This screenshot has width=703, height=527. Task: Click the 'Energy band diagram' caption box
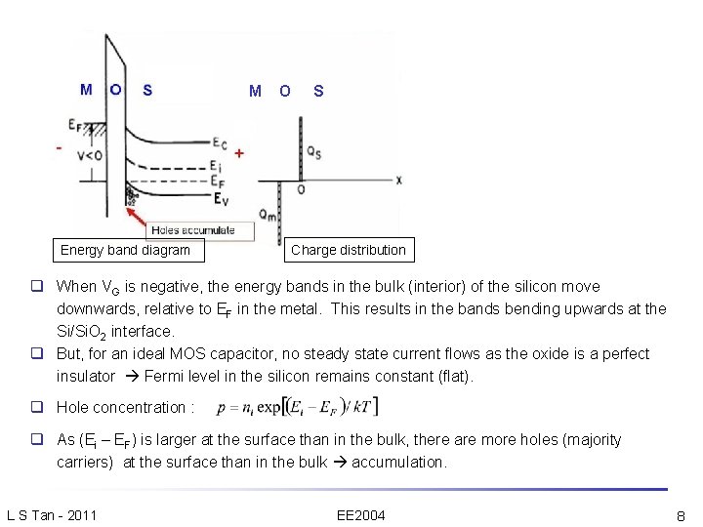tap(125, 250)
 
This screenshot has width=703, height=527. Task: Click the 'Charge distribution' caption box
tap(349, 250)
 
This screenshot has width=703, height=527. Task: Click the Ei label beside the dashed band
tap(215, 166)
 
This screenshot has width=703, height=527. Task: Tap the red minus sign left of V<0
tap(59, 148)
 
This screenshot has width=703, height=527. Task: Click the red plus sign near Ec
tap(240, 153)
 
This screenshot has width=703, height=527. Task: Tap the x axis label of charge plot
tap(398, 180)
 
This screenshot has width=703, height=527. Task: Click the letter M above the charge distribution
tap(255, 91)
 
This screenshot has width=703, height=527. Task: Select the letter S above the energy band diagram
tap(147, 90)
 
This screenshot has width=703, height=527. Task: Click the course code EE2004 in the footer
tap(360, 513)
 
